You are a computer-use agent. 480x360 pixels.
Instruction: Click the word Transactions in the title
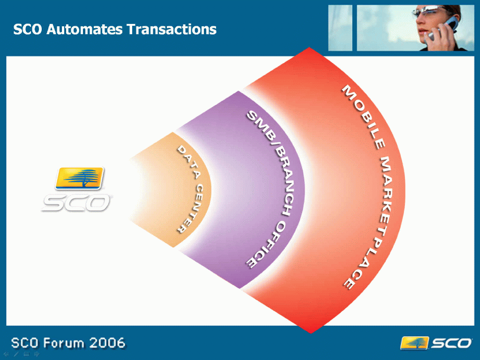tap(172, 30)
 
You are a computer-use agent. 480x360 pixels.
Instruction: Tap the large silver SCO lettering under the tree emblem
tap(76, 202)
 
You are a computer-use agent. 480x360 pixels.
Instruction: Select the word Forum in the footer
tap(63, 343)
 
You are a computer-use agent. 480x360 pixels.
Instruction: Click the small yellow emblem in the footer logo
tap(414, 343)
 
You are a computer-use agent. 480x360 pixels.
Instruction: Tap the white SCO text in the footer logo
tap(451, 343)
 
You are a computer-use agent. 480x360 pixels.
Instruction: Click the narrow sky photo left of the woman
tap(340, 28)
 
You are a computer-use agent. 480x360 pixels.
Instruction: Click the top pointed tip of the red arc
tap(309, 48)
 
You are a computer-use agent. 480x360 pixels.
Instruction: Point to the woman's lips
tap(422, 30)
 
